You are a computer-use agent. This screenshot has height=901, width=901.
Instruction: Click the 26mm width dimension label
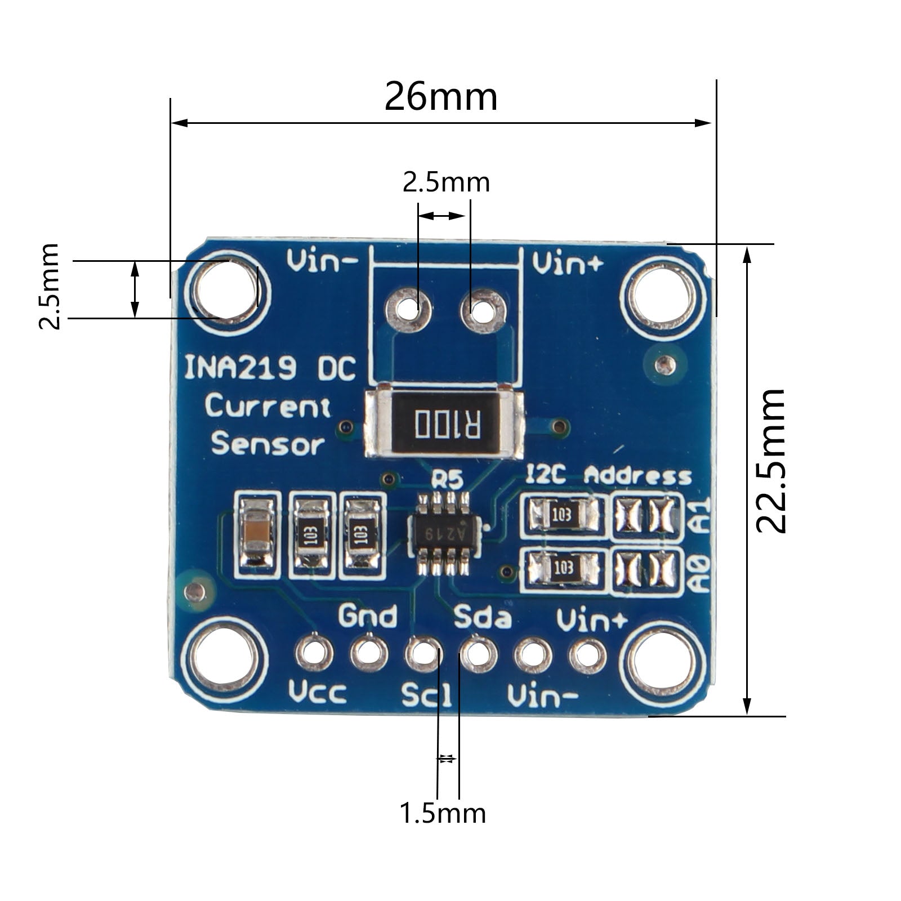[x=441, y=97]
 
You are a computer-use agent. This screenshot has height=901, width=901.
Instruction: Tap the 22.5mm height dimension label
[x=770, y=460]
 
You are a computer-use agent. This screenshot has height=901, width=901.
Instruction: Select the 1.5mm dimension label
[x=443, y=813]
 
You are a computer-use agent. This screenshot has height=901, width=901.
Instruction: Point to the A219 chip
[x=445, y=533]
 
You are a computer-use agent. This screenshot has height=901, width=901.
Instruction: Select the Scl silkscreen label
[x=427, y=695]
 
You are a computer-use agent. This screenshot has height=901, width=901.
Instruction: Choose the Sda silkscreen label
[x=483, y=617]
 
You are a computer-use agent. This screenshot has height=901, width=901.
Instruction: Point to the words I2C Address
[x=608, y=476]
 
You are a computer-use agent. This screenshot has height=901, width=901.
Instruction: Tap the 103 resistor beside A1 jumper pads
[x=562, y=514]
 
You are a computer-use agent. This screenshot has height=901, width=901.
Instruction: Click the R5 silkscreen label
[x=447, y=480]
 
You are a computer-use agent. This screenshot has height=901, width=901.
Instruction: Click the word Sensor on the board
[x=268, y=444]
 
